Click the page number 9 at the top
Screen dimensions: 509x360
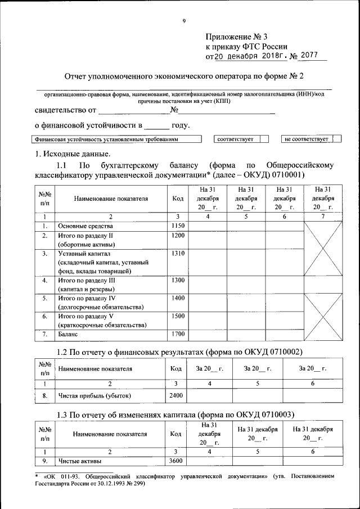[x=183, y=21]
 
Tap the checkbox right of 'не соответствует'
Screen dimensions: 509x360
[x=336, y=138]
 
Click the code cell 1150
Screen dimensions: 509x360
[x=177, y=226]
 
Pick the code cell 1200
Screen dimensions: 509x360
[x=177, y=236]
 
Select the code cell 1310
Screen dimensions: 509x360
[x=177, y=254]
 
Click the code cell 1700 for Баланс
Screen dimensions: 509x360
[x=177, y=335]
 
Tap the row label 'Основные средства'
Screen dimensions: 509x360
[x=83, y=226]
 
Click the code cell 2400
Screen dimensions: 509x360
[x=177, y=395]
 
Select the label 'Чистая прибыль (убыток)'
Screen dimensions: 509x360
[x=94, y=395]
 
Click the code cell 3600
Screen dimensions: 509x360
[x=177, y=462]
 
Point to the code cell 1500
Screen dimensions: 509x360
[x=177, y=317]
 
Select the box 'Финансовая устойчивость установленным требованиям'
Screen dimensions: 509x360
[x=117, y=138]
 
